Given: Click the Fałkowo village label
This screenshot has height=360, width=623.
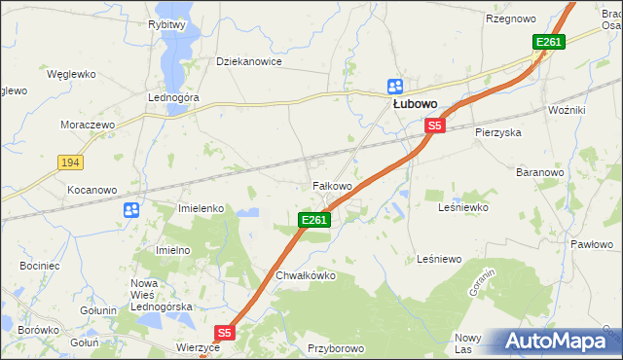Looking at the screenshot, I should [x=331, y=186].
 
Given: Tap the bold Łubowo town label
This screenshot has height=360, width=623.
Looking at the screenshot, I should [x=414, y=104].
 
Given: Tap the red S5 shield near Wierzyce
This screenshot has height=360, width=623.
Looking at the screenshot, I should [x=225, y=333].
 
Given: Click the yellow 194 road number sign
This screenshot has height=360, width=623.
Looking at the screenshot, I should [x=68, y=162].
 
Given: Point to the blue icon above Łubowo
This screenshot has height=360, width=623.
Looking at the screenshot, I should [x=394, y=86].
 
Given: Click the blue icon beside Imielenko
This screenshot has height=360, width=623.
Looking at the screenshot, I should [x=131, y=209].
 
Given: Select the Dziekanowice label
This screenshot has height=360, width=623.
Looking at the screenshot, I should [x=248, y=61].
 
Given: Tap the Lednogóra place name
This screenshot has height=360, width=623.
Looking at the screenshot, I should [x=173, y=98].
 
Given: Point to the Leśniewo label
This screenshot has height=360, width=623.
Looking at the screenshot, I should [x=438, y=259].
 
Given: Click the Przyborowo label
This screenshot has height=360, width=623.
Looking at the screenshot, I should [x=335, y=347].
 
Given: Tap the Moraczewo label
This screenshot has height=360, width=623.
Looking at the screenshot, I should [x=87, y=126].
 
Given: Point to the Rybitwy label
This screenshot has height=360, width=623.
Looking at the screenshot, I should [x=166, y=24].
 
